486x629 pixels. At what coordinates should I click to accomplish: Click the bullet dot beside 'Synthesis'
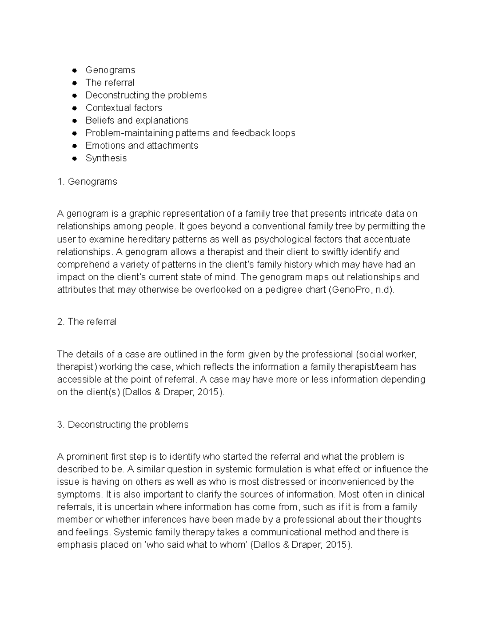74,158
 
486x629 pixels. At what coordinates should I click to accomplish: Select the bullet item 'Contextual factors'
124,108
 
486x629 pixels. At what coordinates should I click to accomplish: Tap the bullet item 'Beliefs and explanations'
137,120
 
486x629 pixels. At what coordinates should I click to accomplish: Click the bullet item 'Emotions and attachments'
142,145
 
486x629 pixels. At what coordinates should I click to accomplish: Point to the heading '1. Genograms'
87,181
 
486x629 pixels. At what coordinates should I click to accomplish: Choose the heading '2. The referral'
87,322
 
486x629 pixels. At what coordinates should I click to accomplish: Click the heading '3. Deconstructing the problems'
123,424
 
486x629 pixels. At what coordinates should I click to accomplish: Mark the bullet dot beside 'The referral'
74,83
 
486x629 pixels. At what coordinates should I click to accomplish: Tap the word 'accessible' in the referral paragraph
79,380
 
